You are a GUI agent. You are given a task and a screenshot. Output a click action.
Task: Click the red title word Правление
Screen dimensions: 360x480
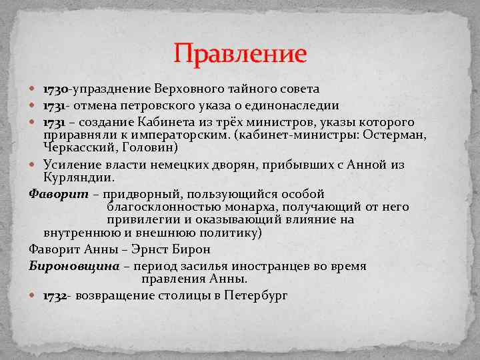[x=240, y=53]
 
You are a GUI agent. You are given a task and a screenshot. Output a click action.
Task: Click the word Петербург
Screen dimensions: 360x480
[x=256, y=295]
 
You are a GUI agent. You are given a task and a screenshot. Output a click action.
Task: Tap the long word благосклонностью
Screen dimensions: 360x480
[x=155, y=207]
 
